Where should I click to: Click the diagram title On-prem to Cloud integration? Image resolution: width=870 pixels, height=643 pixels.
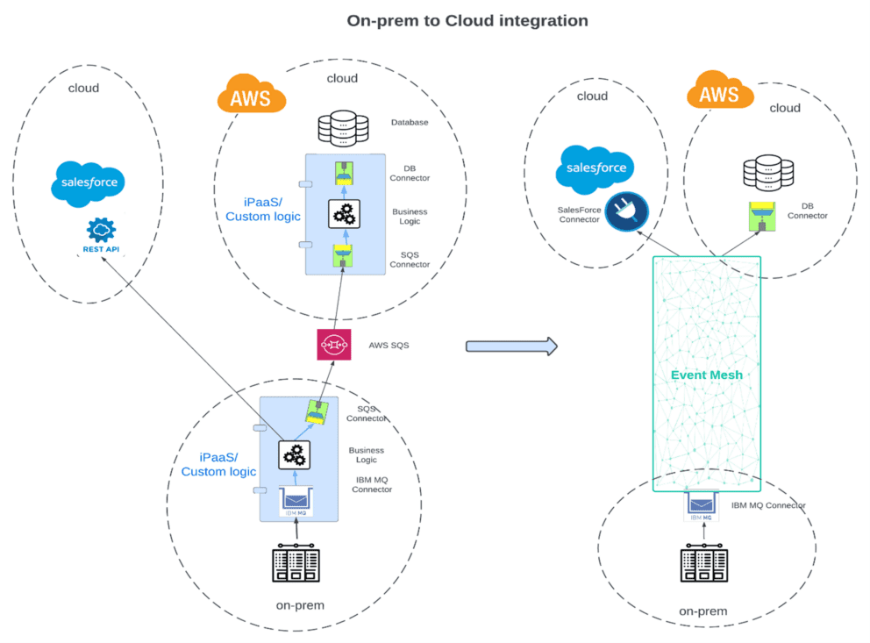[467, 19]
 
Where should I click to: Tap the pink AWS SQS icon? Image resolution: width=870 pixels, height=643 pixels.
[333, 345]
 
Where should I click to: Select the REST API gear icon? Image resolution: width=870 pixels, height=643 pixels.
[102, 231]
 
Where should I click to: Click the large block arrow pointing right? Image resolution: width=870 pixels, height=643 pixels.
[511, 346]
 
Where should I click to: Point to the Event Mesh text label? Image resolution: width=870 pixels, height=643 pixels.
[706, 375]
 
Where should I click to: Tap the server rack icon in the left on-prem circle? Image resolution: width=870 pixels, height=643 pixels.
[297, 562]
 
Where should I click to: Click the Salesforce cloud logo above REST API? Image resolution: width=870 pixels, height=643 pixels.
[89, 183]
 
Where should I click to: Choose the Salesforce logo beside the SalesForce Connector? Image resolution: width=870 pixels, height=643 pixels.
[595, 168]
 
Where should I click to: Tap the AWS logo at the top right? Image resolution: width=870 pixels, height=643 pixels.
[720, 92]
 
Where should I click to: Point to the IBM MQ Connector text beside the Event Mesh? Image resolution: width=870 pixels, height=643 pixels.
[768, 505]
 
